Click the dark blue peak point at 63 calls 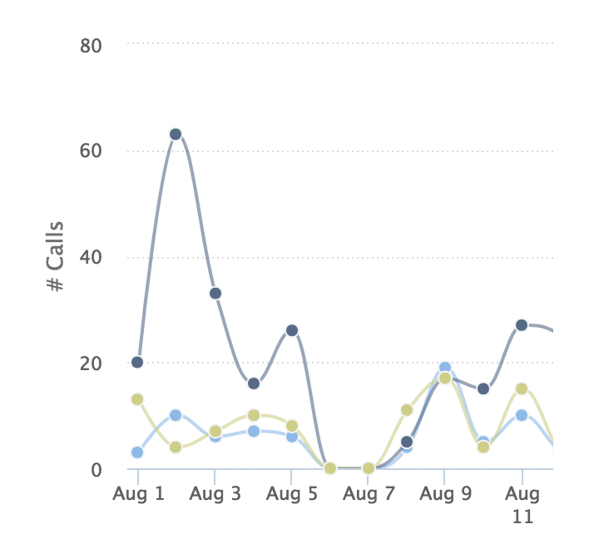tap(176, 134)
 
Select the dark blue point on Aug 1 tap(137, 362)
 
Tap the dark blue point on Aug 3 tap(215, 293)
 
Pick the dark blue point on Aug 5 tap(291, 330)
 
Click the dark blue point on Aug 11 tap(522, 324)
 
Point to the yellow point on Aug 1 tap(137, 399)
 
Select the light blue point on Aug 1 tap(137, 453)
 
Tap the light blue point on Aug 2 tap(176, 415)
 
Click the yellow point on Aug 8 tap(407, 409)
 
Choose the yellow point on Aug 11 tap(522, 388)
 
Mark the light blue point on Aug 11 tap(522, 415)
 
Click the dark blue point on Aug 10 tap(483, 388)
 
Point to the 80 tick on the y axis tap(91, 45)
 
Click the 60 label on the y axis tap(91, 151)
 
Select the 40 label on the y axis tap(91, 257)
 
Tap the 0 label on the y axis tap(97, 469)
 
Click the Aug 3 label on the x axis tap(215, 494)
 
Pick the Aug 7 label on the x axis tap(369, 494)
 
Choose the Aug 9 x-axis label tap(445, 494)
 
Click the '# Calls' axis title tap(56, 257)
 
